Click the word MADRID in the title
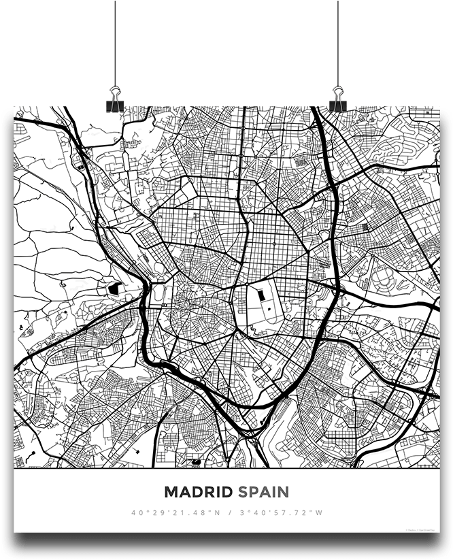(199, 491)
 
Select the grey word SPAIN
(263, 491)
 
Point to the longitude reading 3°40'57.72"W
(280, 512)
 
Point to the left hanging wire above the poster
(116, 41)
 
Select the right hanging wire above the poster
(338, 41)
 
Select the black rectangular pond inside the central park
(260, 296)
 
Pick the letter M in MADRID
(170, 491)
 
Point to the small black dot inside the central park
(269, 309)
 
